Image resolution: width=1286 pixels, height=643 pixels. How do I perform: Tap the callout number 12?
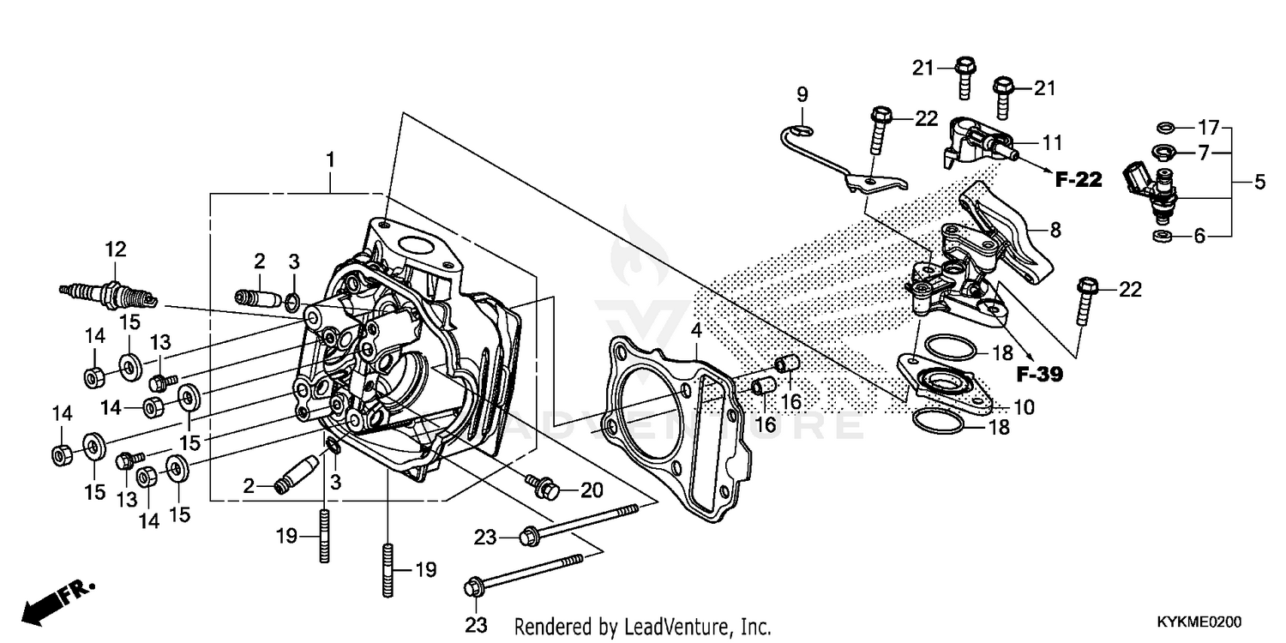click(116, 249)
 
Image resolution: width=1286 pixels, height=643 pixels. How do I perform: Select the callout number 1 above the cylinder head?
click(331, 159)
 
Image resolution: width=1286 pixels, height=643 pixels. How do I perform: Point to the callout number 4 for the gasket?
click(697, 330)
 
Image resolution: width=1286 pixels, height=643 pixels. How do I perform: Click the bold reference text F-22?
click(1078, 179)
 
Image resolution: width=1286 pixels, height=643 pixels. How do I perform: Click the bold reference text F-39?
click(1039, 374)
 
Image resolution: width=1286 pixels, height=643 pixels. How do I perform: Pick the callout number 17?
click(1208, 128)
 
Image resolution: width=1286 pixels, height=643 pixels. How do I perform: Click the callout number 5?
click(1259, 182)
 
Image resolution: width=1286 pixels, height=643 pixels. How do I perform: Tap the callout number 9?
click(802, 93)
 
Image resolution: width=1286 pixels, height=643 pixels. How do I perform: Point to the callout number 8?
click(1055, 229)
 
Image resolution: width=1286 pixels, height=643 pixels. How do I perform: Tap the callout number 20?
click(592, 490)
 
